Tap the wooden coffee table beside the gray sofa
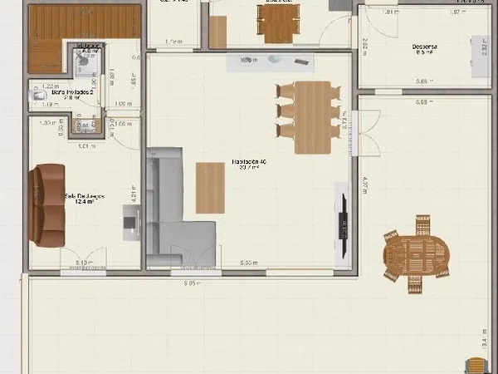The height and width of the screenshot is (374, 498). pyautogui.click(x=211, y=188)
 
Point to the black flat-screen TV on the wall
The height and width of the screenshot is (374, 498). pyautogui.click(x=343, y=219)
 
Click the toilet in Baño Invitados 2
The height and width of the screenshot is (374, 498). pyautogui.click(x=36, y=97)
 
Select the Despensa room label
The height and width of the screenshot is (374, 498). pyautogui.click(x=426, y=47)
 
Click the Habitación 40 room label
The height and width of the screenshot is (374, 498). pyautogui.click(x=249, y=163)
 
